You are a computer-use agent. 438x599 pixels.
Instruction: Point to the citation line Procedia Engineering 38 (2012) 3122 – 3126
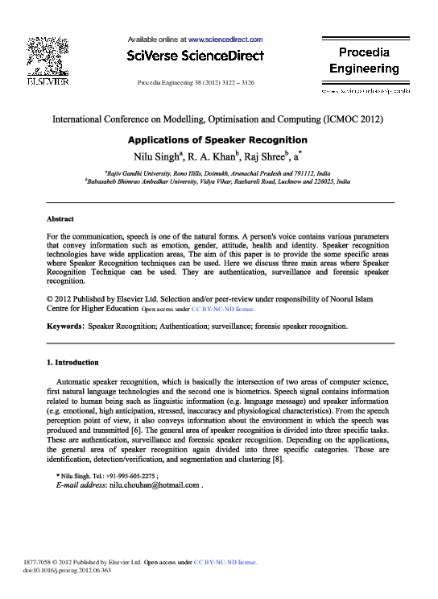point(196,83)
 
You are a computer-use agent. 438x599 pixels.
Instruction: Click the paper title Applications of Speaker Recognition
point(217,139)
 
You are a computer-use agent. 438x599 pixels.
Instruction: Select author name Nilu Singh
point(159,156)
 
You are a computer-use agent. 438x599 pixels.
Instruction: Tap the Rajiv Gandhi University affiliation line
point(217,173)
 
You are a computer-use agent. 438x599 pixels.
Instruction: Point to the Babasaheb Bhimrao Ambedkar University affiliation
point(217,183)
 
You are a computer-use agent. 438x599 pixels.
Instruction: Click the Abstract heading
point(60,219)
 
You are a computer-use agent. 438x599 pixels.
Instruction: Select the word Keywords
point(65,327)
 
